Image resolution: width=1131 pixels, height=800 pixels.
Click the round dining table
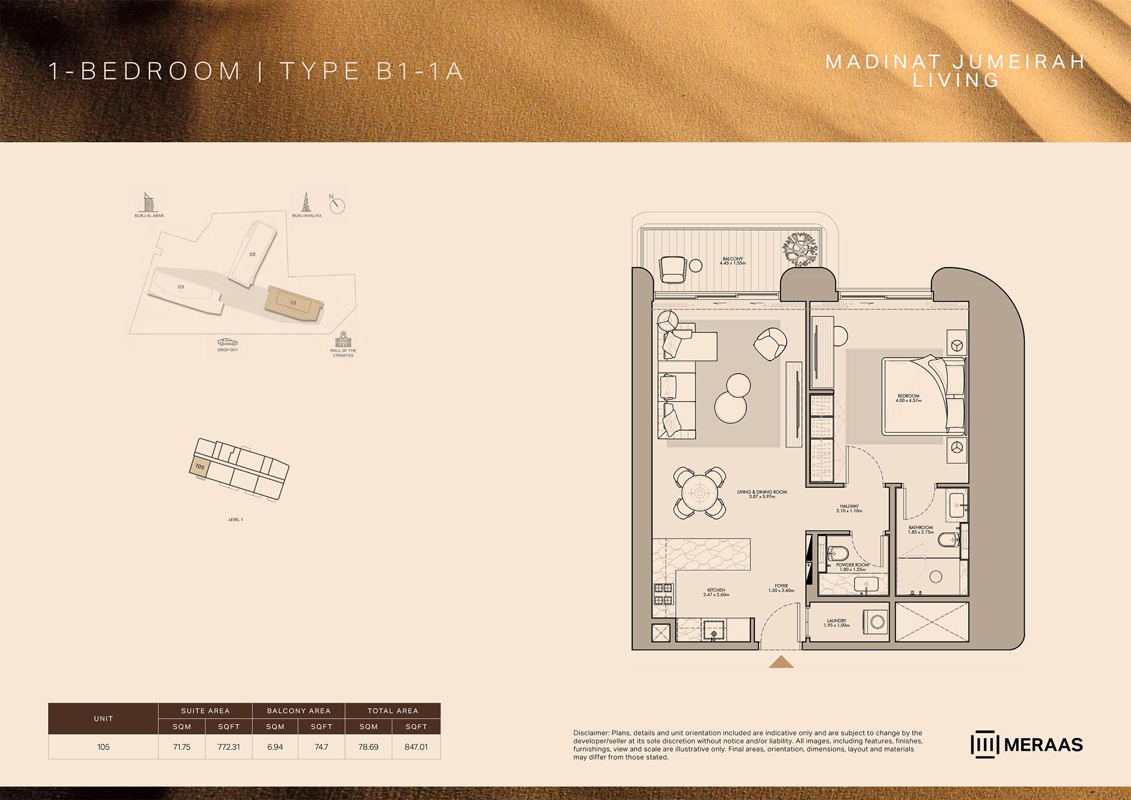coord(700,493)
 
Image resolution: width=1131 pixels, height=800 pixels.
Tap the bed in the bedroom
coord(922,396)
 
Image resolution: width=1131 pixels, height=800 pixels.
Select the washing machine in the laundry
coord(876,622)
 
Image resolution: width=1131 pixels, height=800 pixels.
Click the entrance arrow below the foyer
coord(781,662)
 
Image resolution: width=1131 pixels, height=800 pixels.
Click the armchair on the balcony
coord(672,269)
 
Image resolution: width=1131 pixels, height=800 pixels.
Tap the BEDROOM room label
coord(908,398)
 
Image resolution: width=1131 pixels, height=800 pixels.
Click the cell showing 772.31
coord(228,747)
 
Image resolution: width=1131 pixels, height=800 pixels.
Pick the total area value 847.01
coord(416,747)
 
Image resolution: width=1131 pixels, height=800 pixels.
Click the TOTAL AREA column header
coord(392,711)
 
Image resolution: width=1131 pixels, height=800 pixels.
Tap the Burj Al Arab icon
coord(148,203)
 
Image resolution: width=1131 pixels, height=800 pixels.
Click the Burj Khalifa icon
coord(307,203)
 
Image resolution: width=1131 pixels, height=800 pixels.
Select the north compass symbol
coord(337,205)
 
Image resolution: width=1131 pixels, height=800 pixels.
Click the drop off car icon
coord(227,342)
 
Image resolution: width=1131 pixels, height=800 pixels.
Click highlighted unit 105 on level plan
coord(200,467)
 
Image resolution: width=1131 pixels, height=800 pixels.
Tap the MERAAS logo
coord(1026,745)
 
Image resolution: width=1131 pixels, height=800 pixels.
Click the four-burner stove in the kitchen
coord(663,595)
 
